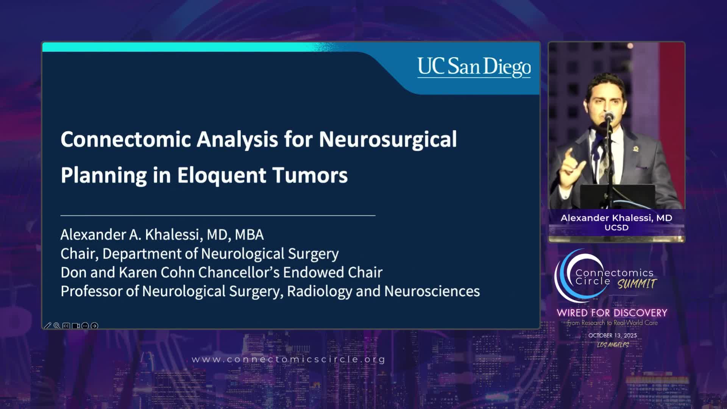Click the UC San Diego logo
474,67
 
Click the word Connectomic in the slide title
126,139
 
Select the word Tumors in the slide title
310,175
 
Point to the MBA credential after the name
249,235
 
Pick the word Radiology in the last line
320,292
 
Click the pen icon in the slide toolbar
47,326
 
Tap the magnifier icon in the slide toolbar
57,326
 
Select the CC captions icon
66,326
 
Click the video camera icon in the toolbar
76,326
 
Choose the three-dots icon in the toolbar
85,326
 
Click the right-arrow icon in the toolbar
95,326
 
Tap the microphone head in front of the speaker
609,116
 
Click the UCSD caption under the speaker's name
616,228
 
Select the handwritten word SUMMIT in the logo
637,284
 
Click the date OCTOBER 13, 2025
613,336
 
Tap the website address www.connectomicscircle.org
289,359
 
